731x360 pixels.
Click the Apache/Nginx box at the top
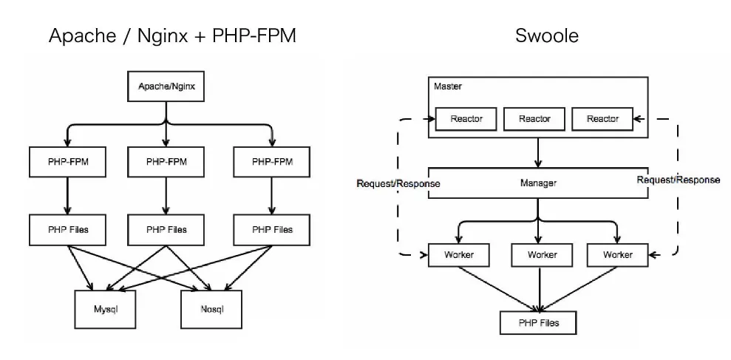coord(166,86)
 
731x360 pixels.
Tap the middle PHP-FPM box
coord(166,160)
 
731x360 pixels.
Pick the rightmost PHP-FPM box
coord(271,160)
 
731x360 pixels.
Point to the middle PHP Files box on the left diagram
coord(166,229)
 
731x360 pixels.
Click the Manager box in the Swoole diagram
coord(537,183)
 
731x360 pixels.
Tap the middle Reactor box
coord(534,119)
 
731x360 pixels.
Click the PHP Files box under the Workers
coord(537,323)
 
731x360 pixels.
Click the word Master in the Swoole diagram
coord(447,86)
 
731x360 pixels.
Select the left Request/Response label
coord(398,183)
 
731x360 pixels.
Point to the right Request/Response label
coord(678,179)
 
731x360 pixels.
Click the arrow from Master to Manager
coord(537,152)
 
